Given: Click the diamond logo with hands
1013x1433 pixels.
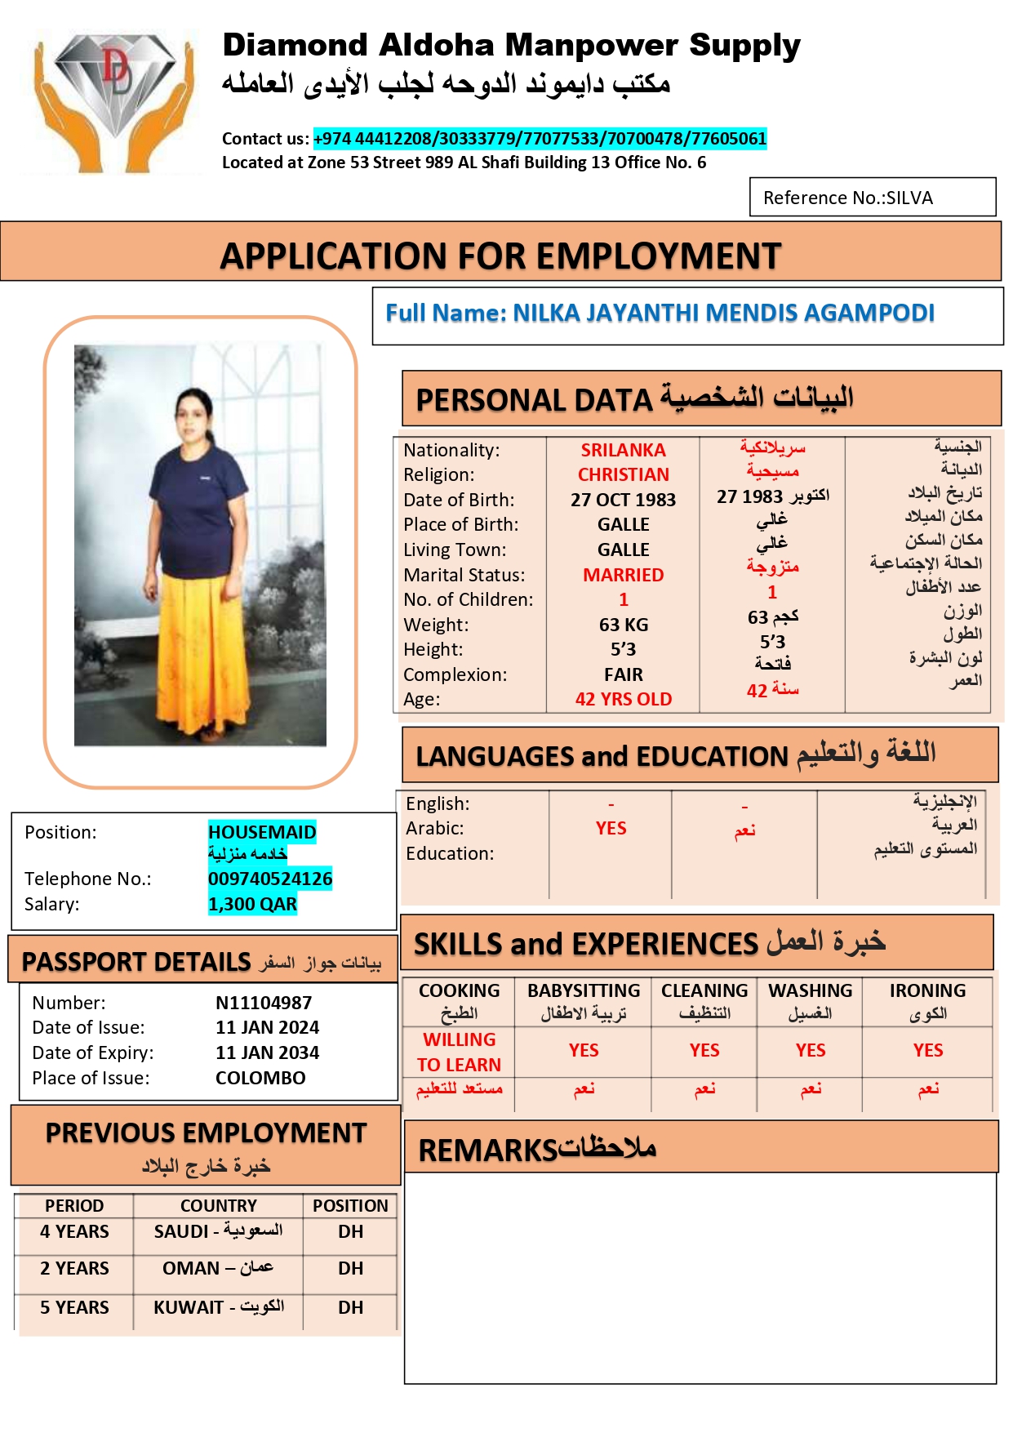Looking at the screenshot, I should coord(114,100).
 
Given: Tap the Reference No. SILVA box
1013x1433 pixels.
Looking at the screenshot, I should coord(872,198).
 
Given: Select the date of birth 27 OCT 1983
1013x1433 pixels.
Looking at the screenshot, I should coord(623,500).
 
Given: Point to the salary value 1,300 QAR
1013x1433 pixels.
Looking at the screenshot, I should coord(252,904).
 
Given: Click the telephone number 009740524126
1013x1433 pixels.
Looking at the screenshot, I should coord(270,879).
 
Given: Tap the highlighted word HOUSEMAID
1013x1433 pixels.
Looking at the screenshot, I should coord(262,832).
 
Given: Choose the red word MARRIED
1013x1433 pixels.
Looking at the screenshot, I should coord(623,575).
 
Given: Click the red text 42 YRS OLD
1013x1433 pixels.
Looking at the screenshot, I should coord(623,699).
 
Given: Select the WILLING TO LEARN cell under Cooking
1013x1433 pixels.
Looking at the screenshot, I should coord(459,1052).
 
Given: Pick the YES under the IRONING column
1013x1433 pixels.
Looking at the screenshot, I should coord(927,1050).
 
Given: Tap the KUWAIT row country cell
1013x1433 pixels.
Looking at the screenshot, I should coord(219,1307).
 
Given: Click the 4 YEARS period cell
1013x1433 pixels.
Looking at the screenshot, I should coord(74,1231).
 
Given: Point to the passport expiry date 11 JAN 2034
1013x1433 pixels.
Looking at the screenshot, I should coord(267,1052).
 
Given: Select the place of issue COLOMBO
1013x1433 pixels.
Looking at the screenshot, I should coord(260,1078).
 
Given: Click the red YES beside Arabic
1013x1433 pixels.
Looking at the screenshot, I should coord(611,828).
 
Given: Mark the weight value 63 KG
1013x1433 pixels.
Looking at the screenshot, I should coord(623,625).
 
